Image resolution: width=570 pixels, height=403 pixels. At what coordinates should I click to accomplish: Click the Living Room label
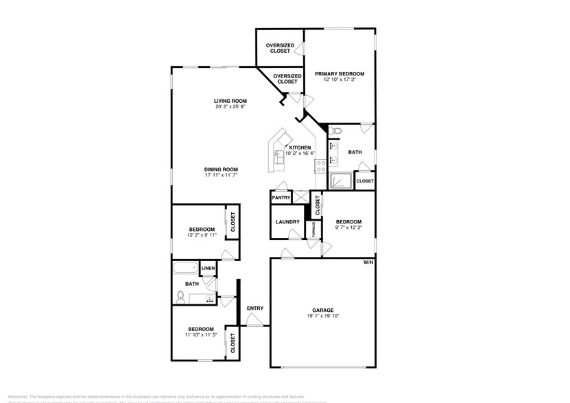point(230,101)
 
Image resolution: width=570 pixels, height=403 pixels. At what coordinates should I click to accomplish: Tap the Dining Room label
point(221,169)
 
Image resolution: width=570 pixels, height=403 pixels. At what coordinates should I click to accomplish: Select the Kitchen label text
point(300,147)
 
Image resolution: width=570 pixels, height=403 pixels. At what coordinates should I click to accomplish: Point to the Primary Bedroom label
point(340,73)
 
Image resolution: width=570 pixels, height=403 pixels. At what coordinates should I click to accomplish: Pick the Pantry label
point(281,197)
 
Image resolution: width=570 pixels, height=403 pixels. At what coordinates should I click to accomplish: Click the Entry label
point(254,308)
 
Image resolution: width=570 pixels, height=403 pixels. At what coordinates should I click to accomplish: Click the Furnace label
point(313,231)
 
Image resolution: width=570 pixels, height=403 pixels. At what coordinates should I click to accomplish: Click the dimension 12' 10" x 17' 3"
point(340,80)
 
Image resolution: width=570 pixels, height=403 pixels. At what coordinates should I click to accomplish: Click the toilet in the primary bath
point(335,130)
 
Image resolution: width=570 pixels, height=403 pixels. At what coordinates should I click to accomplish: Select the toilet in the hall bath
point(180,296)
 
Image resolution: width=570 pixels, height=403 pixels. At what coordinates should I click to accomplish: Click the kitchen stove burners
point(320,164)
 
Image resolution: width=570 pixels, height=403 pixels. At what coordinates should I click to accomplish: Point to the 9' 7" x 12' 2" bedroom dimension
point(348,228)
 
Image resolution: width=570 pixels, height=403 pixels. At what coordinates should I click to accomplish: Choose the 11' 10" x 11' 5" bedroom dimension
point(201,335)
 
